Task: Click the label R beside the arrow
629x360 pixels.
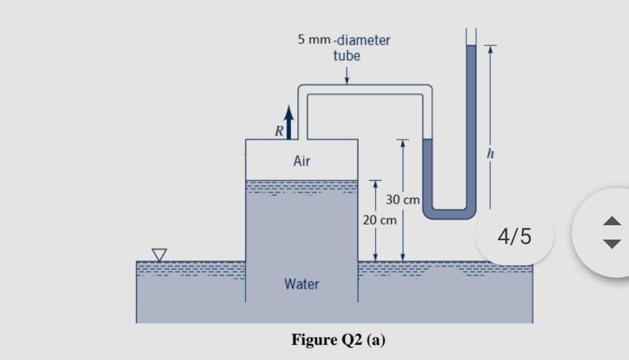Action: [x=280, y=131]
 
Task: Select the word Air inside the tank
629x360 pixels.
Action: [x=301, y=162]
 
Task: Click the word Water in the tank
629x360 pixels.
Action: [x=301, y=285]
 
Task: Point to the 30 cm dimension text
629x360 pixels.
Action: [x=402, y=200]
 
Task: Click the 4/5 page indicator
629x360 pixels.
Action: [x=515, y=236]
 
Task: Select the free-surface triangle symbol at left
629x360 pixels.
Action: [x=160, y=254]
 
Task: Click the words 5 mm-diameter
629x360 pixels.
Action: [x=344, y=41]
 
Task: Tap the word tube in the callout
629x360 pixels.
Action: [x=346, y=56]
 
